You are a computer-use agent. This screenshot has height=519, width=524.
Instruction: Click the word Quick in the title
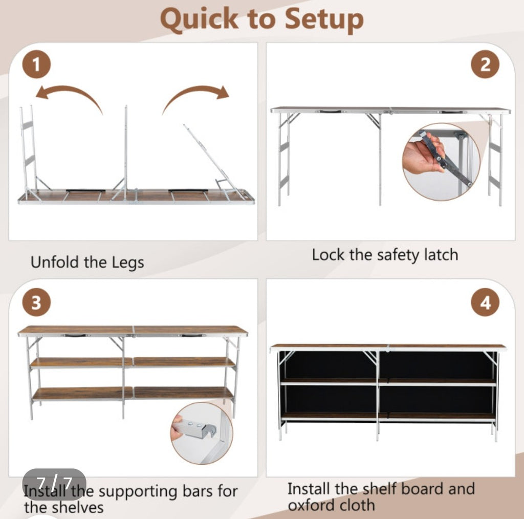click(x=200, y=20)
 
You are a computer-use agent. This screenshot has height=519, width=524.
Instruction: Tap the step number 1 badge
click(x=36, y=64)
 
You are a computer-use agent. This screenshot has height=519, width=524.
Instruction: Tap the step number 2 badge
click(x=485, y=64)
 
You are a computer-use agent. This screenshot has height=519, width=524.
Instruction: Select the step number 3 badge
click(x=36, y=302)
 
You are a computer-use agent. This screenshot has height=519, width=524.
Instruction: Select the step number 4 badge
click(x=485, y=302)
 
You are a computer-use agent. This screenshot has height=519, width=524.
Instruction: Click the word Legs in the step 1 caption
click(x=127, y=263)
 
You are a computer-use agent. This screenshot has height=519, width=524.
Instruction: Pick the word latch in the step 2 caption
click(x=441, y=255)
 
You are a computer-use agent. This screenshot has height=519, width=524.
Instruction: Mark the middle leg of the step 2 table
click(x=380, y=160)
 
